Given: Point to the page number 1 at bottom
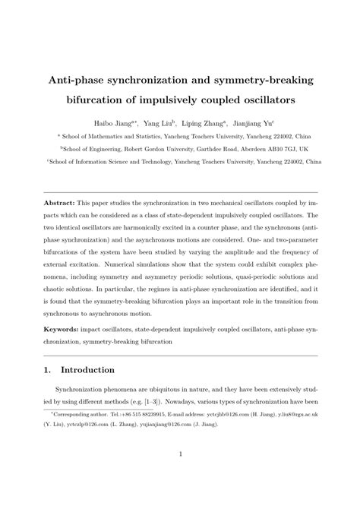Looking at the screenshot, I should point(180,476).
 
